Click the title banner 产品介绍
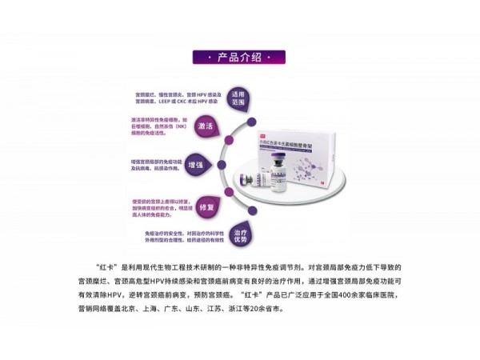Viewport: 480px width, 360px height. point(240,58)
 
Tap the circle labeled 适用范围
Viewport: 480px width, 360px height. point(237,98)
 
